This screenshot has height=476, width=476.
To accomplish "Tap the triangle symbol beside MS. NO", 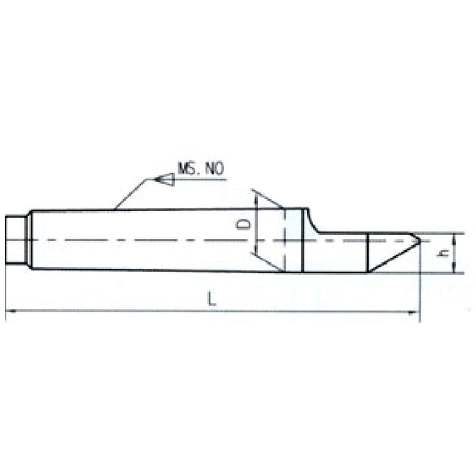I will click(x=165, y=180).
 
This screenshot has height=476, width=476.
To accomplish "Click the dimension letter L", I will click(x=212, y=300).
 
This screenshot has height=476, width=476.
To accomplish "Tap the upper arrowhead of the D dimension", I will click(x=256, y=196).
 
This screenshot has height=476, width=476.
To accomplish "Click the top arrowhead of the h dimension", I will click(x=452, y=235).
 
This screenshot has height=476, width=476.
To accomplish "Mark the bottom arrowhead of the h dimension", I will click(x=452, y=270).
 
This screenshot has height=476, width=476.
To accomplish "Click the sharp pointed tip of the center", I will click(x=419, y=240).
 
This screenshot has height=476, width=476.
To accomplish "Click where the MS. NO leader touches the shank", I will click(x=115, y=209).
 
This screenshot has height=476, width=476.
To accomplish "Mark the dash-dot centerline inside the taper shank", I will click(x=136, y=239).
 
